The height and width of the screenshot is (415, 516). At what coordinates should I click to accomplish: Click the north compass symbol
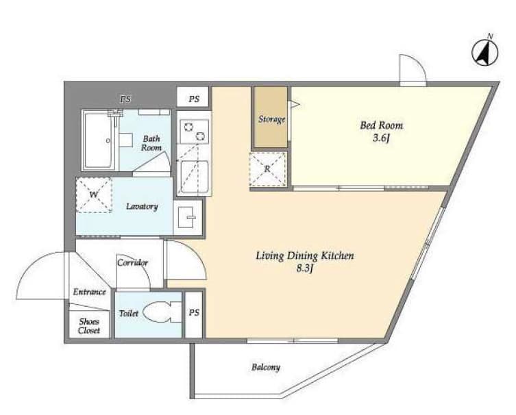click(486, 52)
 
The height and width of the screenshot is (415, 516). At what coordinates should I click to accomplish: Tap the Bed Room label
click(382, 125)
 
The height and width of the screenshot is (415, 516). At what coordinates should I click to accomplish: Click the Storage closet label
click(271, 119)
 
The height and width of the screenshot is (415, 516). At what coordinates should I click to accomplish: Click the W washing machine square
click(93, 195)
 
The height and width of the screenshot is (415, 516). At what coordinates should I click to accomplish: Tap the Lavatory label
click(143, 206)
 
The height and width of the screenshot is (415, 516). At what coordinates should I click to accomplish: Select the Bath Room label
click(152, 142)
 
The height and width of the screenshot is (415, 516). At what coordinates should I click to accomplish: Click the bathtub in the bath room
click(100, 141)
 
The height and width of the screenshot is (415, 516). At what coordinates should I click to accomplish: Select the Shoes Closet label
click(89, 326)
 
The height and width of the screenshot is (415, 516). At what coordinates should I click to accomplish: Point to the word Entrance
click(90, 292)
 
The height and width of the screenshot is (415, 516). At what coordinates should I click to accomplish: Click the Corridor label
click(132, 262)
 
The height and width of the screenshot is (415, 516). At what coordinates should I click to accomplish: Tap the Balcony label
click(265, 367)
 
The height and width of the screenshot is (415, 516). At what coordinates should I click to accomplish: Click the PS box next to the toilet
click(194, 314)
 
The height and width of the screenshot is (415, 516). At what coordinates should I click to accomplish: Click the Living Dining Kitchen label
click(304, 256)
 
